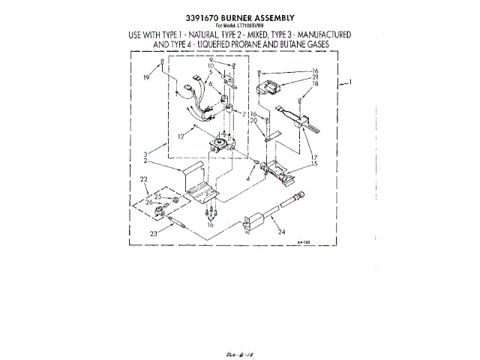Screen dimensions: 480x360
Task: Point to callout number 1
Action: [350, 82]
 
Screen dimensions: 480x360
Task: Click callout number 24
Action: [281, 231]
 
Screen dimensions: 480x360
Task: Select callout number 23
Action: [154, 232]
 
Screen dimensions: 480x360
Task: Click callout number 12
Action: [181, 136]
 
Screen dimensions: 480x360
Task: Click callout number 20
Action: [254, 121]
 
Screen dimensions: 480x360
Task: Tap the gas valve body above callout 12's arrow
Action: [220, 142]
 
